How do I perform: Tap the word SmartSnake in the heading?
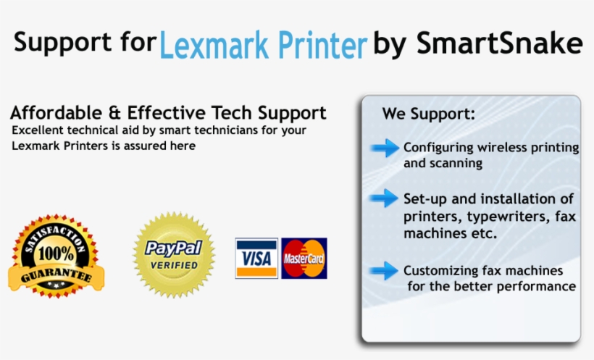point(499,44)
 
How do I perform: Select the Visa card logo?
point(256,259)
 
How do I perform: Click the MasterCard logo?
point(304,259)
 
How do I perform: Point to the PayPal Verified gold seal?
point(174,255)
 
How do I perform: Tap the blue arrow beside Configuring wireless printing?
point(385,148)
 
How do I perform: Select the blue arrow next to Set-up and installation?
point(385,198)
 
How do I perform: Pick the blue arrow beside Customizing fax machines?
point(385,272)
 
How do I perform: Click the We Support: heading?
point(429,114)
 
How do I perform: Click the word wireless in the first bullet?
point(492,148)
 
